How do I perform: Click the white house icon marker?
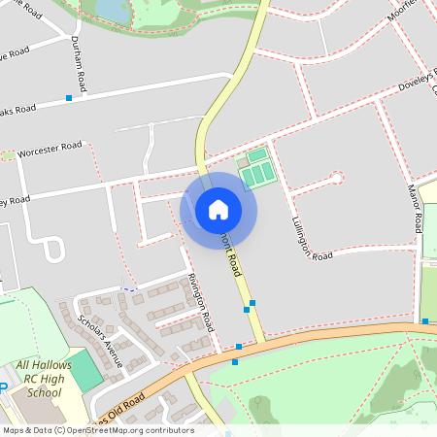(218, 210)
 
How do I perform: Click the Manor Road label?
(416, 208)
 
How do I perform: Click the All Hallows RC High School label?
(38, 379)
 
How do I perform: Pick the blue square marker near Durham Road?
(69, 98)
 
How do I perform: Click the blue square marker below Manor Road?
(425, 320)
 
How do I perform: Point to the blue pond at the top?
(112, 10)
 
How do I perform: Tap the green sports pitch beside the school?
(85, 370)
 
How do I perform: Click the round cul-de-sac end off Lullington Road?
(337, 178)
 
